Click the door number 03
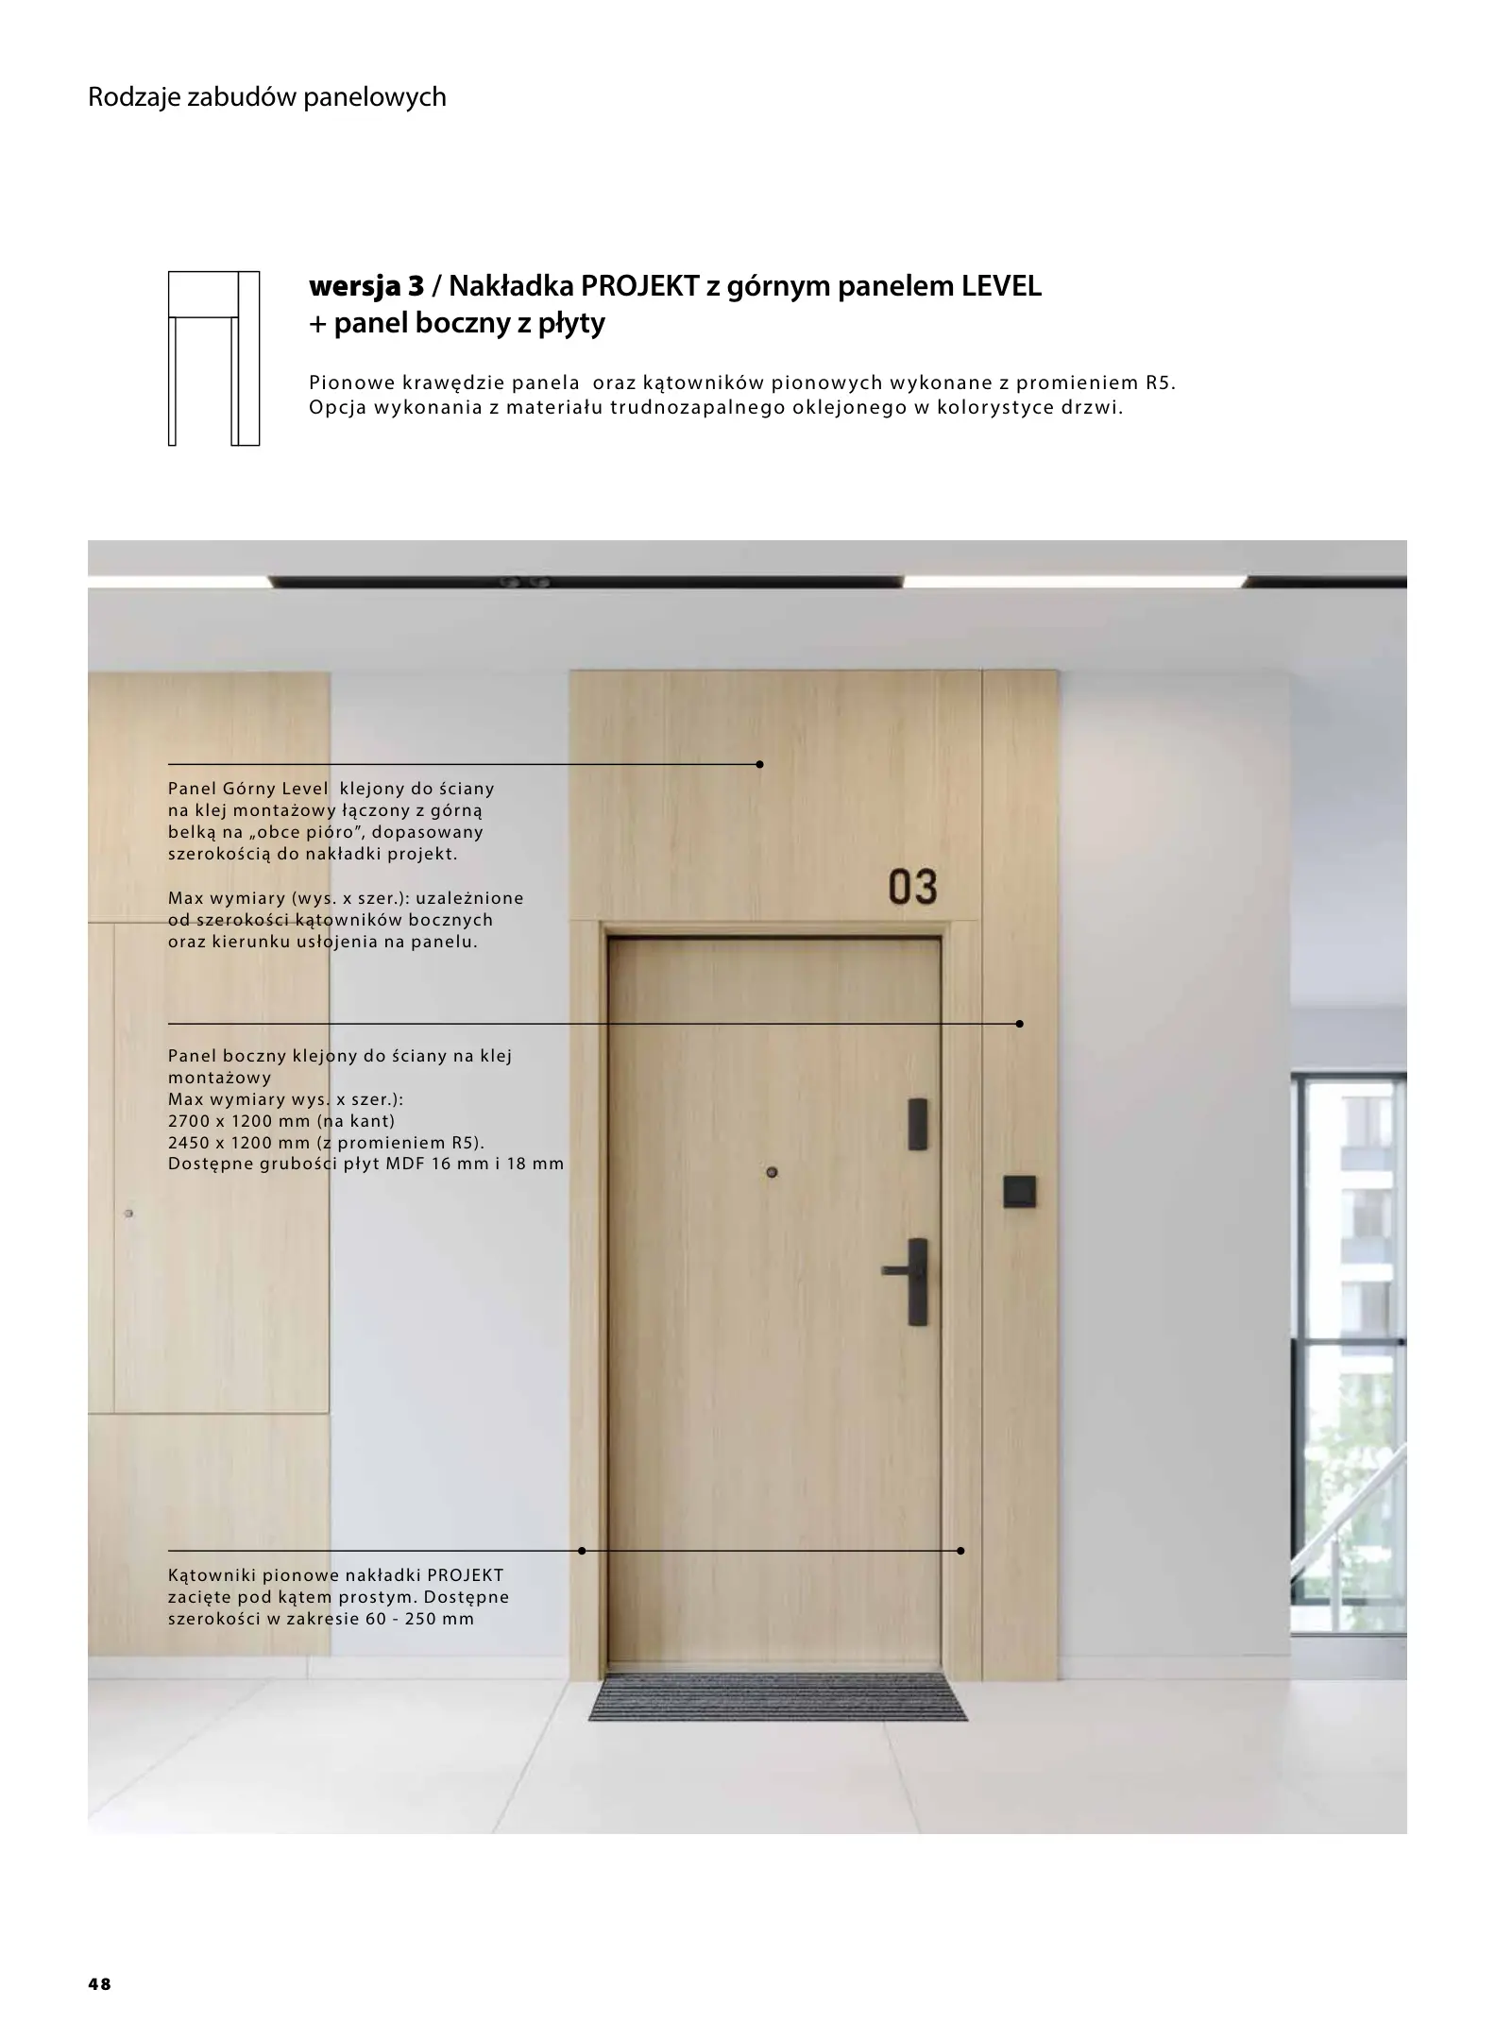click(x=912, y=887)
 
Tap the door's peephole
click(x=772, y=1173)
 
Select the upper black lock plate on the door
click(x=917, y=1124)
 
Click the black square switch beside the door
click(x=1019, y=1192)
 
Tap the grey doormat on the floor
click(x=777, y=1696)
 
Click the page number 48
click(x=99, y=1984)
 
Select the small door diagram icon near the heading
click(x=213, y=358)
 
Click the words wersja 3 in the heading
click(x=366, y=286)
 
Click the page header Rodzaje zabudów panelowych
click(x=266, y=97)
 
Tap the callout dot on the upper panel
click(x=759, y=764)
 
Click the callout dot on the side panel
click(x=1019, y=1024)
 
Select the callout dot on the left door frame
click(x=582, y=1551)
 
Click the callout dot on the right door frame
click(x=960, y=1551)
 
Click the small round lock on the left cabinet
click(x=129, y=1213)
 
